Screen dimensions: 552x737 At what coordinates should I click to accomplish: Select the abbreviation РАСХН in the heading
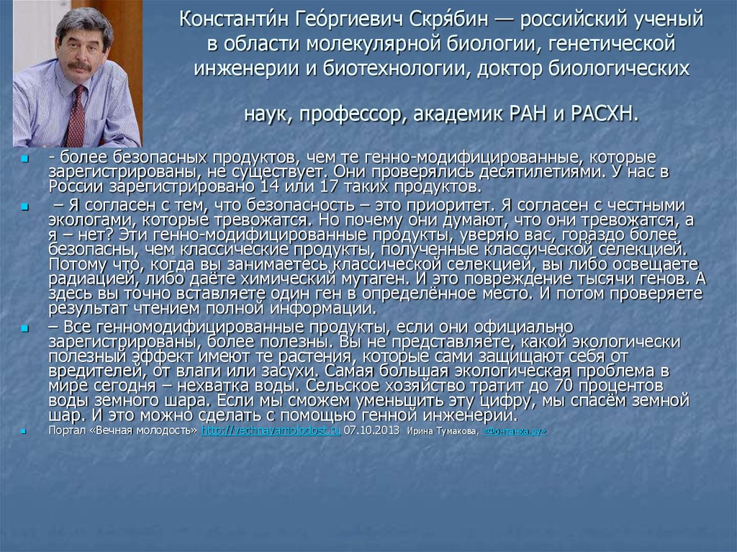(602, 114)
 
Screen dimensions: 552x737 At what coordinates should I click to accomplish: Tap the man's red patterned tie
(76, 115)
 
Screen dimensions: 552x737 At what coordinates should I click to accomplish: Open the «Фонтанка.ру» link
(515, 432)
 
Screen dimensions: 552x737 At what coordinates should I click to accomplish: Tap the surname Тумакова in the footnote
(455, 432)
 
